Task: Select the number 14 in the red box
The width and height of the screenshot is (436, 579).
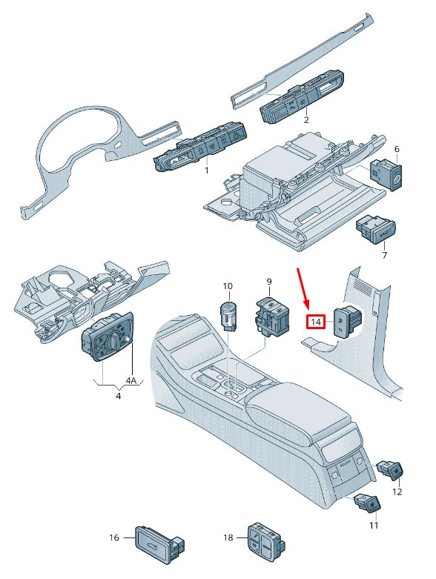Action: click(317, 322)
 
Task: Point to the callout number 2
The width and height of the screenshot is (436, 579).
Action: click(305, 119)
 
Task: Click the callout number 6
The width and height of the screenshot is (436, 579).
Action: click(397, 150)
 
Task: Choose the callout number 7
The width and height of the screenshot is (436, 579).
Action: click(384, 256)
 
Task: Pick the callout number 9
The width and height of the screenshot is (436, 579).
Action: click(269, 282)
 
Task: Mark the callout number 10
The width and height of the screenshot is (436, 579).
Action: click(228, 286)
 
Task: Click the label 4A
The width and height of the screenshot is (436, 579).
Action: click(131, 381)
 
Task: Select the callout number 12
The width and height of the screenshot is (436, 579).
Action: click(397, 492)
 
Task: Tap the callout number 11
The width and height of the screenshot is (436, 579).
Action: click(374, 525)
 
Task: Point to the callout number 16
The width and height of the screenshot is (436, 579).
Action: click(114, 538)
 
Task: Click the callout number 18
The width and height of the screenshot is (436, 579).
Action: click(229, 538)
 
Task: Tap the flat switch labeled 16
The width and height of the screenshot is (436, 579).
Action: click(156, 540)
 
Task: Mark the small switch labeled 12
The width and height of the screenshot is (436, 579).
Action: click(392, 470)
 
